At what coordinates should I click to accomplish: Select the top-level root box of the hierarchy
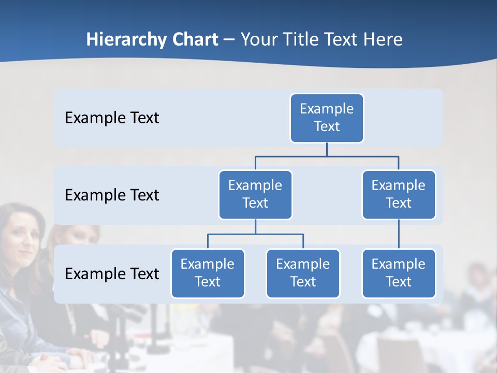[x=327, y=118]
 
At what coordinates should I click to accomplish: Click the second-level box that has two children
[x=255, y=194]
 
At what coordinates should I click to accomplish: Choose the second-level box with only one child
[x=399, y=194]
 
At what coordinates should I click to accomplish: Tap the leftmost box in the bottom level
[x=208, y=273]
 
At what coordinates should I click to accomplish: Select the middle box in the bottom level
[x=303, y=273]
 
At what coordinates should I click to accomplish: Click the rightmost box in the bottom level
[x=399, y=273]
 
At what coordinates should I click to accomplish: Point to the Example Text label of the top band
[x=112, y=118]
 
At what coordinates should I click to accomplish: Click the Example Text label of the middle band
[x=112, y=195]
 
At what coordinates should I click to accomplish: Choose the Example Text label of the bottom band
[x=112, y=274]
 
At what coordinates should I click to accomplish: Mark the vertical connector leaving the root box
[x=327, y=149]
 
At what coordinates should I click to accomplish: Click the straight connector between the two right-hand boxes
[x=399, y=234]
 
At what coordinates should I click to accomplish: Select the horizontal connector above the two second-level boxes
[x=327, y=155]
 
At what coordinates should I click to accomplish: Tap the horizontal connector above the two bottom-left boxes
[x=255, y=234]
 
